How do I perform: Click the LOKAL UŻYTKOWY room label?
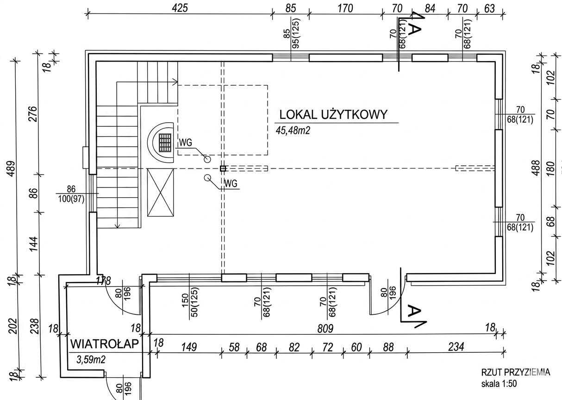point(333,115)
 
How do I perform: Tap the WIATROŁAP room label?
point(104,344)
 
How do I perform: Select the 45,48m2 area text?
point(293,131)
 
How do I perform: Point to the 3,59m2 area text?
point(91,360)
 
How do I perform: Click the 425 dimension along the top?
point(180,8)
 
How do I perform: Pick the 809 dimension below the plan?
point(325,329)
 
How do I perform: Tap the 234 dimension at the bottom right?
point(456,347)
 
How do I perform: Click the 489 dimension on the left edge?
point(12,169)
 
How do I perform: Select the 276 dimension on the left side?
point(33,114)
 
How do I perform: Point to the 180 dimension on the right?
point(550,169)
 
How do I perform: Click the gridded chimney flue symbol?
point(165,143)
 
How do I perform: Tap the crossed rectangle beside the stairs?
point(160,193)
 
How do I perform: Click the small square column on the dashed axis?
point(223,169)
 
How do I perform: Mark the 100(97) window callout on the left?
point(71,199)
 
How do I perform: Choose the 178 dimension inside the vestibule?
point(104,281)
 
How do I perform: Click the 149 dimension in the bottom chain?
point(189,347)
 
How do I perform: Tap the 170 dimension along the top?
point(345,8)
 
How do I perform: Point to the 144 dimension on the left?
point(33,244)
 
